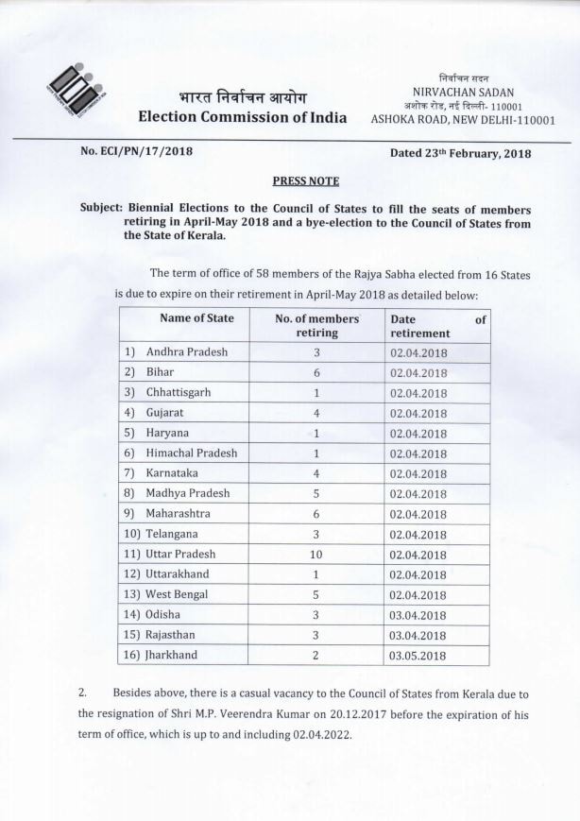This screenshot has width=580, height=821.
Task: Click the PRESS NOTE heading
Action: click(305, 180)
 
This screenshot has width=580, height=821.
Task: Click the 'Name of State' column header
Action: click(196, 318)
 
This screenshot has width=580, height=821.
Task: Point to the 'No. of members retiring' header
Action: click(316, 326)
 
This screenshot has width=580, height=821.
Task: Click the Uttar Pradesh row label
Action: click(180, 554)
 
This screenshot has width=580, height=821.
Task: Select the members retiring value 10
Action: click(316, 554)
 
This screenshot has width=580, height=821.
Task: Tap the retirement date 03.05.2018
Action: click(418, 656)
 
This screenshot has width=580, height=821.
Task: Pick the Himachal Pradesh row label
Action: click(192, 453)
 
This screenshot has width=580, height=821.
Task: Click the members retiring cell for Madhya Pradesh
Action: click(316, 493)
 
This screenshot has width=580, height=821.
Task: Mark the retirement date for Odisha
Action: click(418, 615)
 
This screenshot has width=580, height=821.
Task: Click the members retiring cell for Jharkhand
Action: click(316, 655)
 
